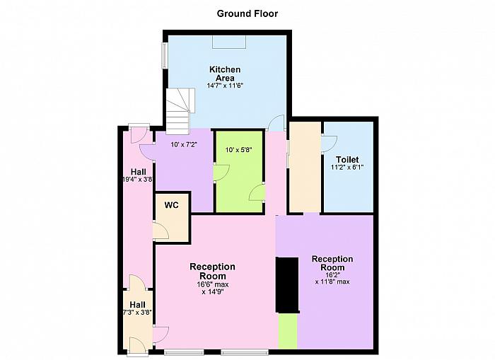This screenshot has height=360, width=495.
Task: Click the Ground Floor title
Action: [x=248, y=14]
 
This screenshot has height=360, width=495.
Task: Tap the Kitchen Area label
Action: [x=225, y=74]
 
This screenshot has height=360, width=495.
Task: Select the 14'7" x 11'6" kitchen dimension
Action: [x=225, y=86]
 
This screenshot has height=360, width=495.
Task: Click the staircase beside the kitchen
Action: [x=180, y=111]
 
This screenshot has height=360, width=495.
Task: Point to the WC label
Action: [x=171, y=205]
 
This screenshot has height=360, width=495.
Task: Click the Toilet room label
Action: [x=347, y=159]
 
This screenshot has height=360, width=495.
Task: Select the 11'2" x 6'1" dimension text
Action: [x=347, y=167]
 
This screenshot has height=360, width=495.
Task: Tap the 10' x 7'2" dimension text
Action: [x=184, y=145]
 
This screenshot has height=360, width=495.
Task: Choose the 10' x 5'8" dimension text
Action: [x=239, y=150]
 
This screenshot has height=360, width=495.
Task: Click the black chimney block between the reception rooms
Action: [x=287, y=285]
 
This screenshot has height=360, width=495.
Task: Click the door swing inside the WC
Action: [x=161, y=231]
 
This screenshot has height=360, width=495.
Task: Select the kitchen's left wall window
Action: [x=165, y=56]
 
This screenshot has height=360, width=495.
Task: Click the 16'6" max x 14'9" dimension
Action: [x=212, y=288]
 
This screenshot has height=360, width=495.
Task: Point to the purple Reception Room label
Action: [x=332, y=263]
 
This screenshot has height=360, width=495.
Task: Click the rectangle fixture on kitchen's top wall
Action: [x=229, y=42]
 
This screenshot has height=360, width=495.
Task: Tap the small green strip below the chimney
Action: [x=288, y=331]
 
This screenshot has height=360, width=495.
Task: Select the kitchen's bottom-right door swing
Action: [x=276, y=123]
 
